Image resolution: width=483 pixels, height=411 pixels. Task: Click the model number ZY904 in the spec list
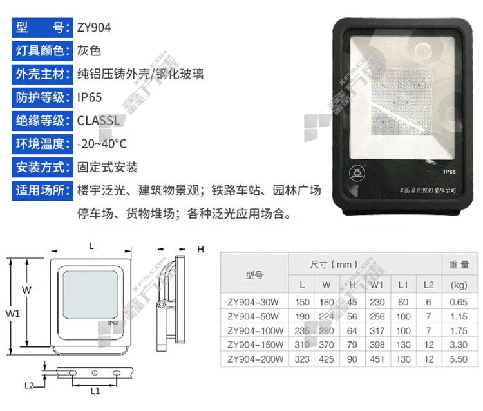tap(94, 28)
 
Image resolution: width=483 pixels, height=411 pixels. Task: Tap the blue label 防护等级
tap(41, 97)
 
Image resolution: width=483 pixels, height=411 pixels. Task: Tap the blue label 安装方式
tap(41, 167)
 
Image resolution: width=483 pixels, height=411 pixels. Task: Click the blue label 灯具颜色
tap(41, 51)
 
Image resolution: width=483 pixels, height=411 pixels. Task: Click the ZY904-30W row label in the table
tap(253, 302)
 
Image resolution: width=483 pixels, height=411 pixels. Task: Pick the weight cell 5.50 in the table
tap(458, 359)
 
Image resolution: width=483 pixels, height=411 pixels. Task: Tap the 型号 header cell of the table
tap(254, 274)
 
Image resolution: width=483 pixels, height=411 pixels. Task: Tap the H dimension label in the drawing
tap(200, 249)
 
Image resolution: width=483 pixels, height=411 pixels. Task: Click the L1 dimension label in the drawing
tap(95, 390)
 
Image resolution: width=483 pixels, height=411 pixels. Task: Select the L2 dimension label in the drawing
tap(29, 386)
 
